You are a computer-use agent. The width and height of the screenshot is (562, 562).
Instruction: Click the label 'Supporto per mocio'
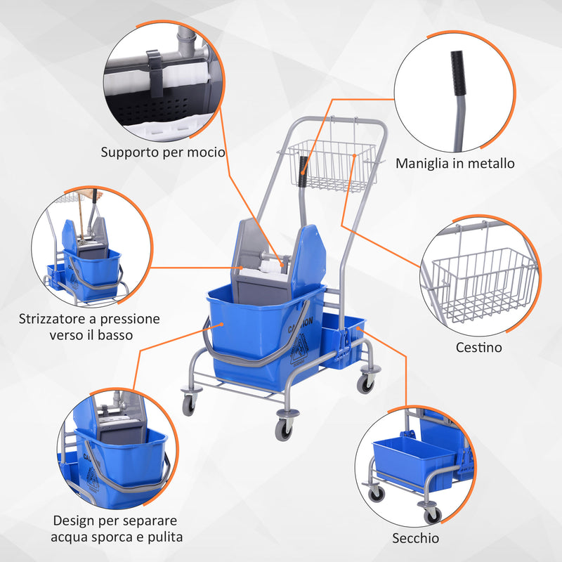click(x=162, y=152)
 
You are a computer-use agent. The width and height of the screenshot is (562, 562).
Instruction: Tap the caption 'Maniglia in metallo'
click(x=455, y=163)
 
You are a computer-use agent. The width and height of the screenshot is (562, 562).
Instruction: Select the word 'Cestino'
click(x=478, y=346)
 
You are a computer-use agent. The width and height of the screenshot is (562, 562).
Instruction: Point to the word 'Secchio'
click(x=416, y=538)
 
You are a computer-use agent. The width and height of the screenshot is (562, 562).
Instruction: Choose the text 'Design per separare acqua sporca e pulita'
click(x=117, y=529)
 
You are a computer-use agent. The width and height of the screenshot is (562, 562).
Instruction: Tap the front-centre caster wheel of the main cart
click(x=283, y=428)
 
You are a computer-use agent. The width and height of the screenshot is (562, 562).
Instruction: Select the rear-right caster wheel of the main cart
click(x=365, y=382)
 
